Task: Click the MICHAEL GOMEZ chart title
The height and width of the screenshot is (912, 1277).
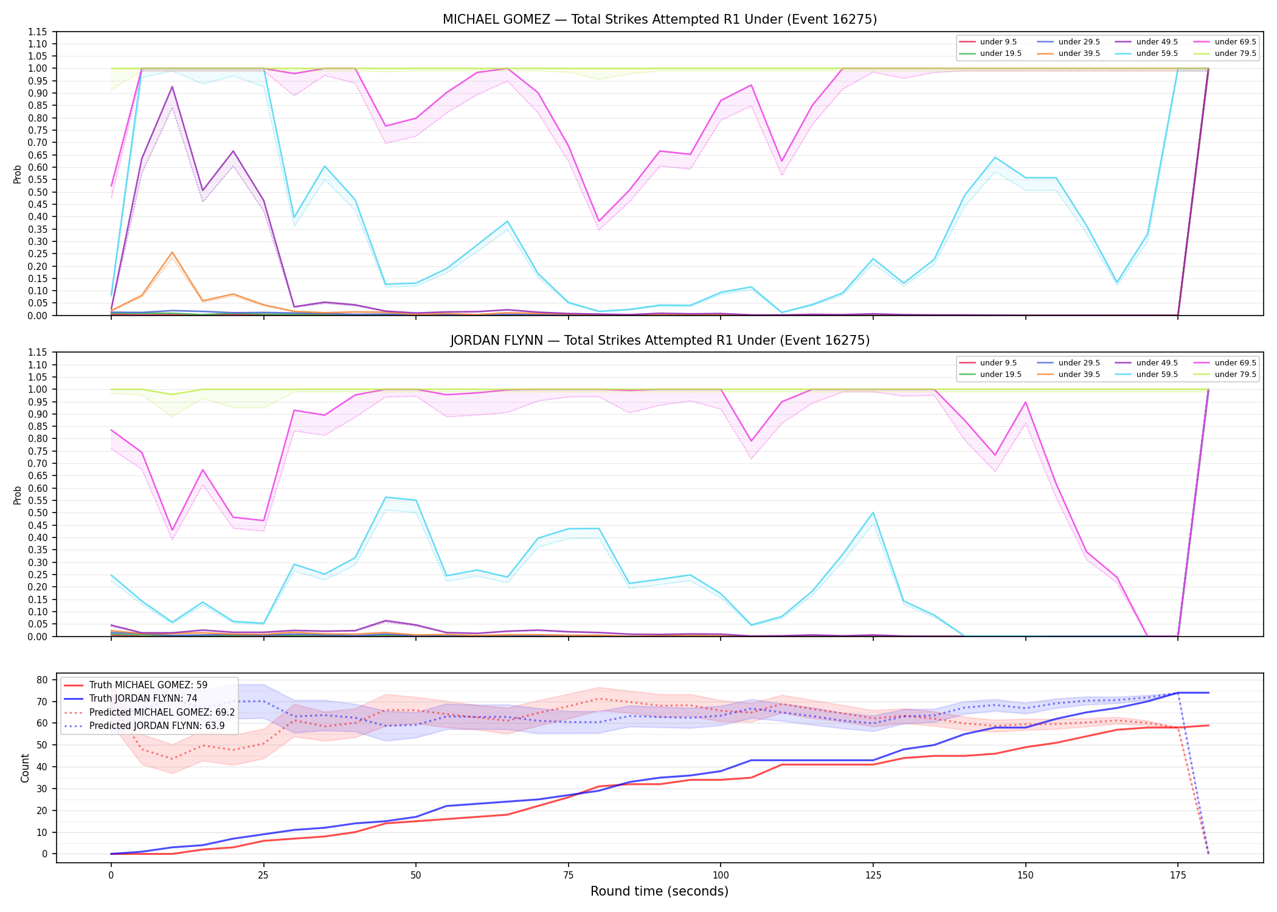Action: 660,19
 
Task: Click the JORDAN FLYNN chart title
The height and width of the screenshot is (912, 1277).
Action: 660,340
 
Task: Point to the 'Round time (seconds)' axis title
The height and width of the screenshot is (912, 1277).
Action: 660,891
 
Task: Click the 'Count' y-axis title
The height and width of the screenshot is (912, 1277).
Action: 25,768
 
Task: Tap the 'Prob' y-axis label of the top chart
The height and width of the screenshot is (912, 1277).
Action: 18,174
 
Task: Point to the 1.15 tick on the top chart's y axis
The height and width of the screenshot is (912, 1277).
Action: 38,32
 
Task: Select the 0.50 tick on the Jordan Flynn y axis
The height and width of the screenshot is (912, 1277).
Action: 38,513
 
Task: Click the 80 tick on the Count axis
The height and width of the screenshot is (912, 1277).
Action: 43,680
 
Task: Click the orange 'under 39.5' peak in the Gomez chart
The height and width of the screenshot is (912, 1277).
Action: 172,252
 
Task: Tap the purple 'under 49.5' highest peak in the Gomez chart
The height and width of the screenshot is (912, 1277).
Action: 172,87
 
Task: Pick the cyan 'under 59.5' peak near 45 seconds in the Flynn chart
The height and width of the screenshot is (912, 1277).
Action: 386,497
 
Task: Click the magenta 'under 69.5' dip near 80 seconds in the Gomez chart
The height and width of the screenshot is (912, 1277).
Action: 599,221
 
